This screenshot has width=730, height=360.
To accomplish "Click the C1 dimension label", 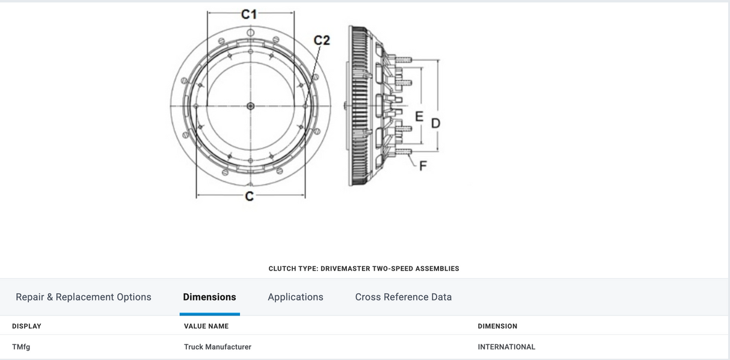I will (x=250, y=14).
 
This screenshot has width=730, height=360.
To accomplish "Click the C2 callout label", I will (x=322, y=40).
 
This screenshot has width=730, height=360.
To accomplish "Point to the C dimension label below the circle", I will (x=250, y=195).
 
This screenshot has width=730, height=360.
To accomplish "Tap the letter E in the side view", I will (x=419, y=116).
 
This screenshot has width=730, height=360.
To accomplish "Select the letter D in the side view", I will (x=435, y=123).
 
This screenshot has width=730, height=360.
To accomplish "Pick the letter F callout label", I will (x=423, y=166).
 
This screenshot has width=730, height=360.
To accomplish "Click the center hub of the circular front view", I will (x=251, y=106).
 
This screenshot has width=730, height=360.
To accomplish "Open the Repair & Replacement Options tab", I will (x=84, y=297).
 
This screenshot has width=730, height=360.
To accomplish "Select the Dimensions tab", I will (x=209, y=297).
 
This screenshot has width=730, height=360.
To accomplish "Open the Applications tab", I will (x=295, y=297).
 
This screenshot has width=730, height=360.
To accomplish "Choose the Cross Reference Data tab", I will (x=403, y=297).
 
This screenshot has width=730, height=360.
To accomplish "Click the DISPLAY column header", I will (x=26, y=326).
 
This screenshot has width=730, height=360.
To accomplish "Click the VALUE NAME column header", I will (x=206, y=326).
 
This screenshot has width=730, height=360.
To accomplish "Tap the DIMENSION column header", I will (x=497, y=326).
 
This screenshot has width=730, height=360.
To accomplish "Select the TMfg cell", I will (x=21, y=347).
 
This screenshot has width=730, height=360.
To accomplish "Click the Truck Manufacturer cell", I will (x=218, y=347).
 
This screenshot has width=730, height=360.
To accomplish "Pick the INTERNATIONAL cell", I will (x=506, y=347).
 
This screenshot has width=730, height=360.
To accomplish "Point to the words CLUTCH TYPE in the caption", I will (x=292, y=269).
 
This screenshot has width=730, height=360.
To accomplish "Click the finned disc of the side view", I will (x=359, y=106).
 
